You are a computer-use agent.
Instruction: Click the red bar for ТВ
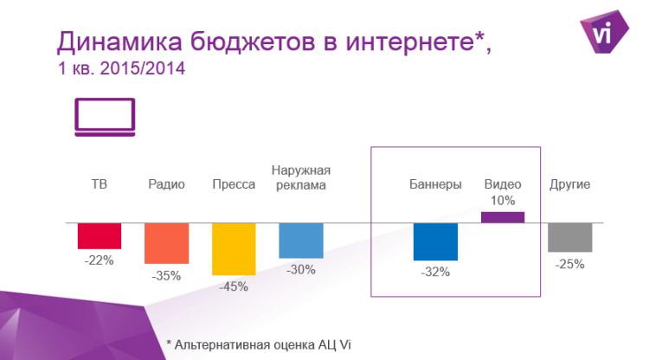click(100, 235)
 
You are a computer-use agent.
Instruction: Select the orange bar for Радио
click(166, 243)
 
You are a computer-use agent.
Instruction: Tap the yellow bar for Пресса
click(234, 249)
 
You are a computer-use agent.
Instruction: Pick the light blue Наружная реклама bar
click(301, 241)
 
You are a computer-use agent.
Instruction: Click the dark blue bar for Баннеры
click(435, 241)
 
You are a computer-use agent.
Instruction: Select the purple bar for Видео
click(503, 217)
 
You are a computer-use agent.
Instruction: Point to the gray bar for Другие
click(570, 237)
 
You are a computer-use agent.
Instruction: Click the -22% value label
click(100, 260)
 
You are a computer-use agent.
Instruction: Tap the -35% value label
click(166, 276)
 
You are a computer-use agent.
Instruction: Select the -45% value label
click(234, 287)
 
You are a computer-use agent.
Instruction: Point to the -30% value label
click(301, 270)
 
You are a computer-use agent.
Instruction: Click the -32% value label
click(435, 273)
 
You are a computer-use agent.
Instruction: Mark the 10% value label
click(503, 201)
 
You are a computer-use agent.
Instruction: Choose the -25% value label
click(570, 264)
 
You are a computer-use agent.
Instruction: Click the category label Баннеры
click(435, 184)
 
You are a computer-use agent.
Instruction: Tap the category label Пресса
click(234, 184)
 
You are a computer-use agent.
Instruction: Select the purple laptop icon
click(105, 117)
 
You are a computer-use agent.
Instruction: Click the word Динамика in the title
click(112, 41)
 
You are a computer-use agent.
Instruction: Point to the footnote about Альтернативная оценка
click(260, 344)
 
